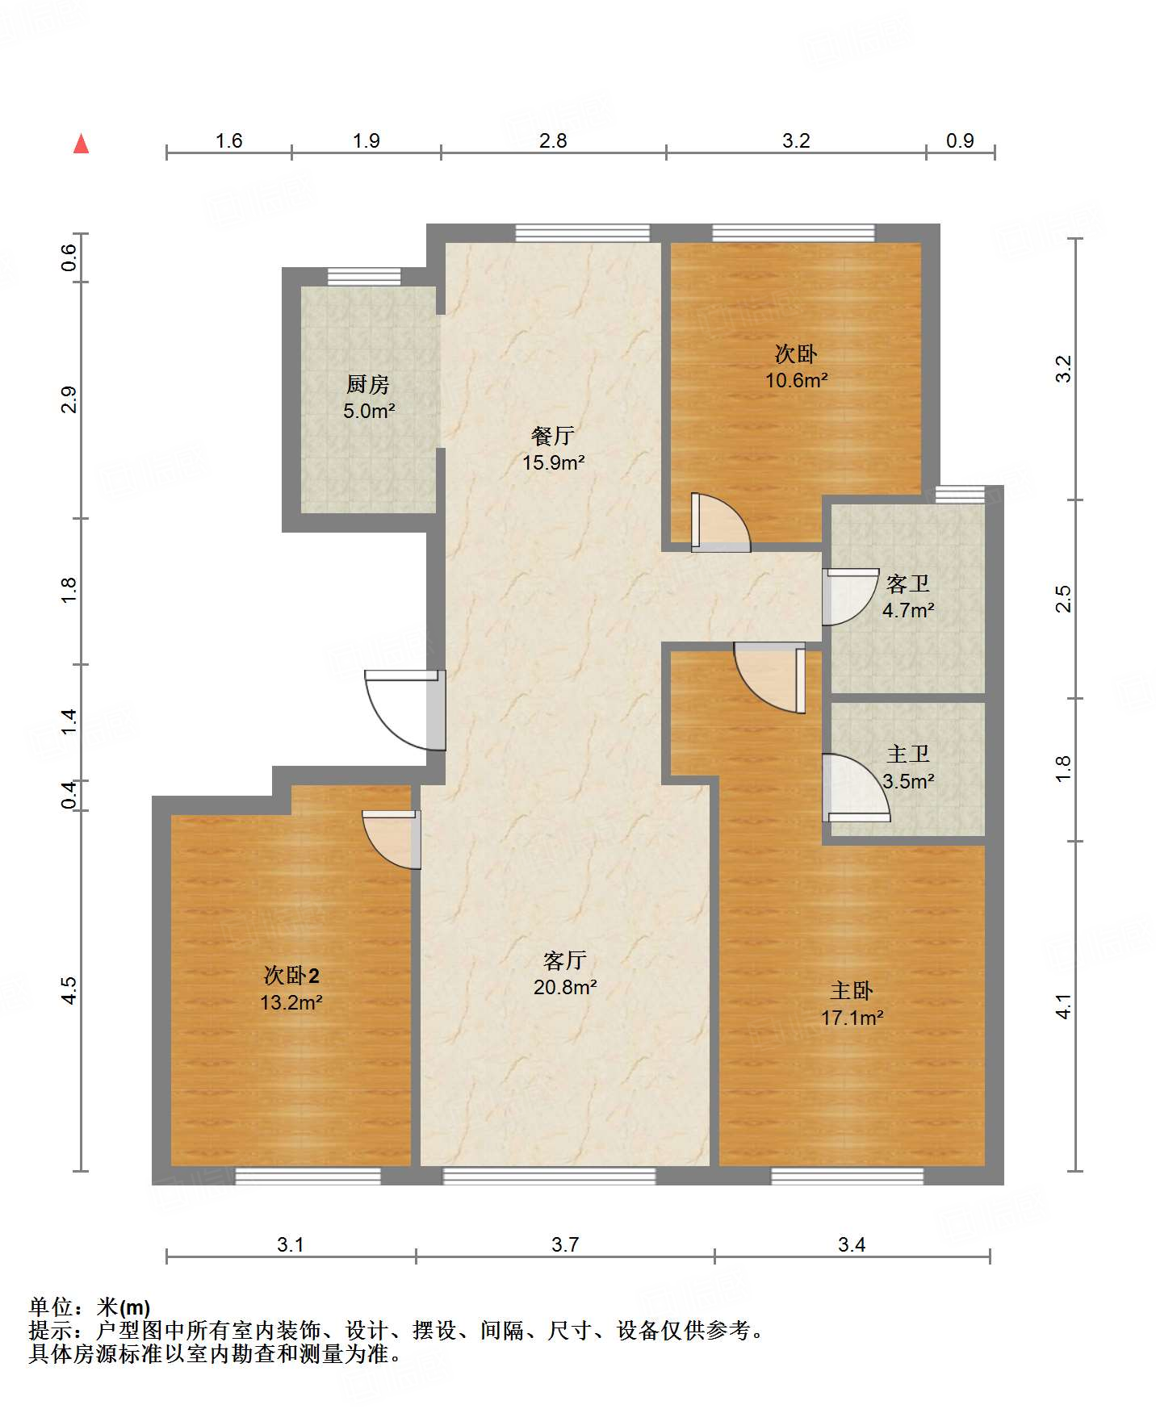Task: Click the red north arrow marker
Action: pos(81,144)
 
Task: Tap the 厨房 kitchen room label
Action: pos(368,384)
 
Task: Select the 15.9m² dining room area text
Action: pos(554,463)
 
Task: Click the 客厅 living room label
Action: pos(564,960)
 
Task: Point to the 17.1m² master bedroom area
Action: pos(852,1018)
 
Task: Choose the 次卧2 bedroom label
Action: pos(291,976)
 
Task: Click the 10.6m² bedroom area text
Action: pos(797,380)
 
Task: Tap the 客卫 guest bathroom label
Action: pos(908,583)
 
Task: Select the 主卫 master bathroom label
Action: pos(908,754)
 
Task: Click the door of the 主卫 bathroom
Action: pos(857,788)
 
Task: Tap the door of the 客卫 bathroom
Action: pos(850,597)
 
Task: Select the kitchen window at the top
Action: pos(364,276)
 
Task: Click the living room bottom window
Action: pos(549,1177)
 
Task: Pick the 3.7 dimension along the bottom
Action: pos(565,1244)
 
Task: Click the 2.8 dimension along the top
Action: pos(553,140)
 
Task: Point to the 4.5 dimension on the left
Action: pos(69,990)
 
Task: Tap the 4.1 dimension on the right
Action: pos(1063,1006)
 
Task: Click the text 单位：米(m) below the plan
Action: pos(90,1307)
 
